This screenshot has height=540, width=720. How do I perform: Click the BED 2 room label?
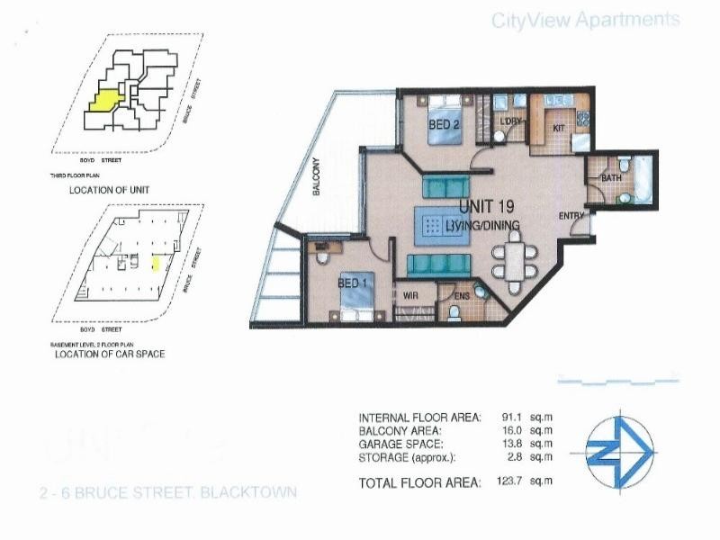pos(445,126)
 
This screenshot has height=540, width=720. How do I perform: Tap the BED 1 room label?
pos(351,283)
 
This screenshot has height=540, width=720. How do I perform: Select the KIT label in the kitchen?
pos(558,129)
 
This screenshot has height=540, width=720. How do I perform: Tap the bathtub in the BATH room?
pos(643,177)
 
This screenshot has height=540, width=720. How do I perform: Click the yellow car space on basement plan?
pos(155,263)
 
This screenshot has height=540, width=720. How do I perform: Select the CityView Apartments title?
pos(584,20)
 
